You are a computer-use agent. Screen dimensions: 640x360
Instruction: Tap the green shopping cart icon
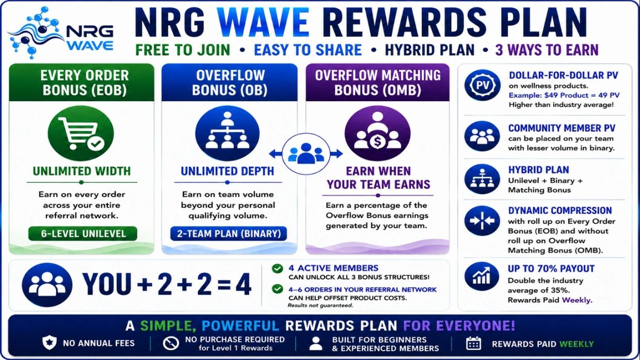point(81,133)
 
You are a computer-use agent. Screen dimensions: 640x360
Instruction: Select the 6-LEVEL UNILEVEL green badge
point(83,233)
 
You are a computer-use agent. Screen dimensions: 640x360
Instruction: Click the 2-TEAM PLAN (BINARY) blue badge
point(229,233)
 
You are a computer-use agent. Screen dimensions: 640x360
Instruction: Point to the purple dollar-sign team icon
point(377,133)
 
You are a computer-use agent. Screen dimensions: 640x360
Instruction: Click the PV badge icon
point(482,85)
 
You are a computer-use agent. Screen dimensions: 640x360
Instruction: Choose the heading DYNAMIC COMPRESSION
point(560,210)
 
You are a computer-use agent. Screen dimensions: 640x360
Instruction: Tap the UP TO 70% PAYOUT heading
point(551,269)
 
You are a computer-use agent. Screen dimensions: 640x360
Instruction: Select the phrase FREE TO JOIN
point(183,50)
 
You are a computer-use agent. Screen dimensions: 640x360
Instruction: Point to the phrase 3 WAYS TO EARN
point(547,50)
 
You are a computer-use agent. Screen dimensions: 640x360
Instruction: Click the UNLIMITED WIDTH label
point(82,171)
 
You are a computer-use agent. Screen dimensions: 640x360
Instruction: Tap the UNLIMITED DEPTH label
point(228,171)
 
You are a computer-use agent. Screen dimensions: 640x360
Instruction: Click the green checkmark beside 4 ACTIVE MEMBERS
point(277,269)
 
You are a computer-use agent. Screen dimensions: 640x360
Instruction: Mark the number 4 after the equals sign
point(244,284)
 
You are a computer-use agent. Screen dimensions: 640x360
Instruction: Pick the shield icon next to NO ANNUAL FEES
point(50,342)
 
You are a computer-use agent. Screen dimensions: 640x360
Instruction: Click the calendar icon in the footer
point(473,343)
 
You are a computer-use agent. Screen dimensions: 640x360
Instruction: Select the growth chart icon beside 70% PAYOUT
point(482,277)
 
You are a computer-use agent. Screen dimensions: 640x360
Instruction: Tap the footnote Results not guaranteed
point(321,305)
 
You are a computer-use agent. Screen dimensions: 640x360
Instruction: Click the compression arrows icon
point(482,221)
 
